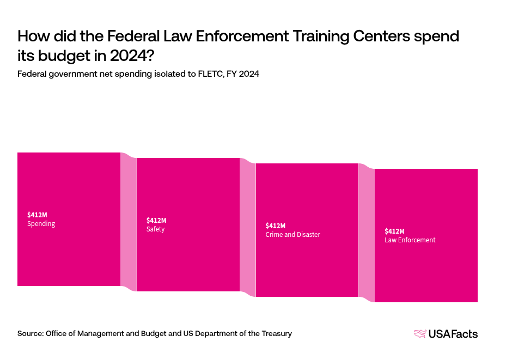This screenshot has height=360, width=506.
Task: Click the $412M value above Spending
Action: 37,215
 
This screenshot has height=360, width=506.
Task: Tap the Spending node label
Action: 41,224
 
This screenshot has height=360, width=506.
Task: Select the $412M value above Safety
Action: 156,221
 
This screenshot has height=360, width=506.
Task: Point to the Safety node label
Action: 155,229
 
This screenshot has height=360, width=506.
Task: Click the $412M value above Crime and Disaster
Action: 275,226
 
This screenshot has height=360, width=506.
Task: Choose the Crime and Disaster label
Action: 292,235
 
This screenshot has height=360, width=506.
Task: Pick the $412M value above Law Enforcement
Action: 394,231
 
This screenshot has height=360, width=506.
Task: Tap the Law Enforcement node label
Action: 410,240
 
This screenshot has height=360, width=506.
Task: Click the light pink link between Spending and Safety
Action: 128,222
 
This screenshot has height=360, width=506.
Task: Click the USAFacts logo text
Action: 453,334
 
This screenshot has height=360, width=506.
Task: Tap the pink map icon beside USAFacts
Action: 420,334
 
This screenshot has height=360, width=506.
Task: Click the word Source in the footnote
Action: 30,333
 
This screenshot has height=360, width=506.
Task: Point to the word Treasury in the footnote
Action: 276,333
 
